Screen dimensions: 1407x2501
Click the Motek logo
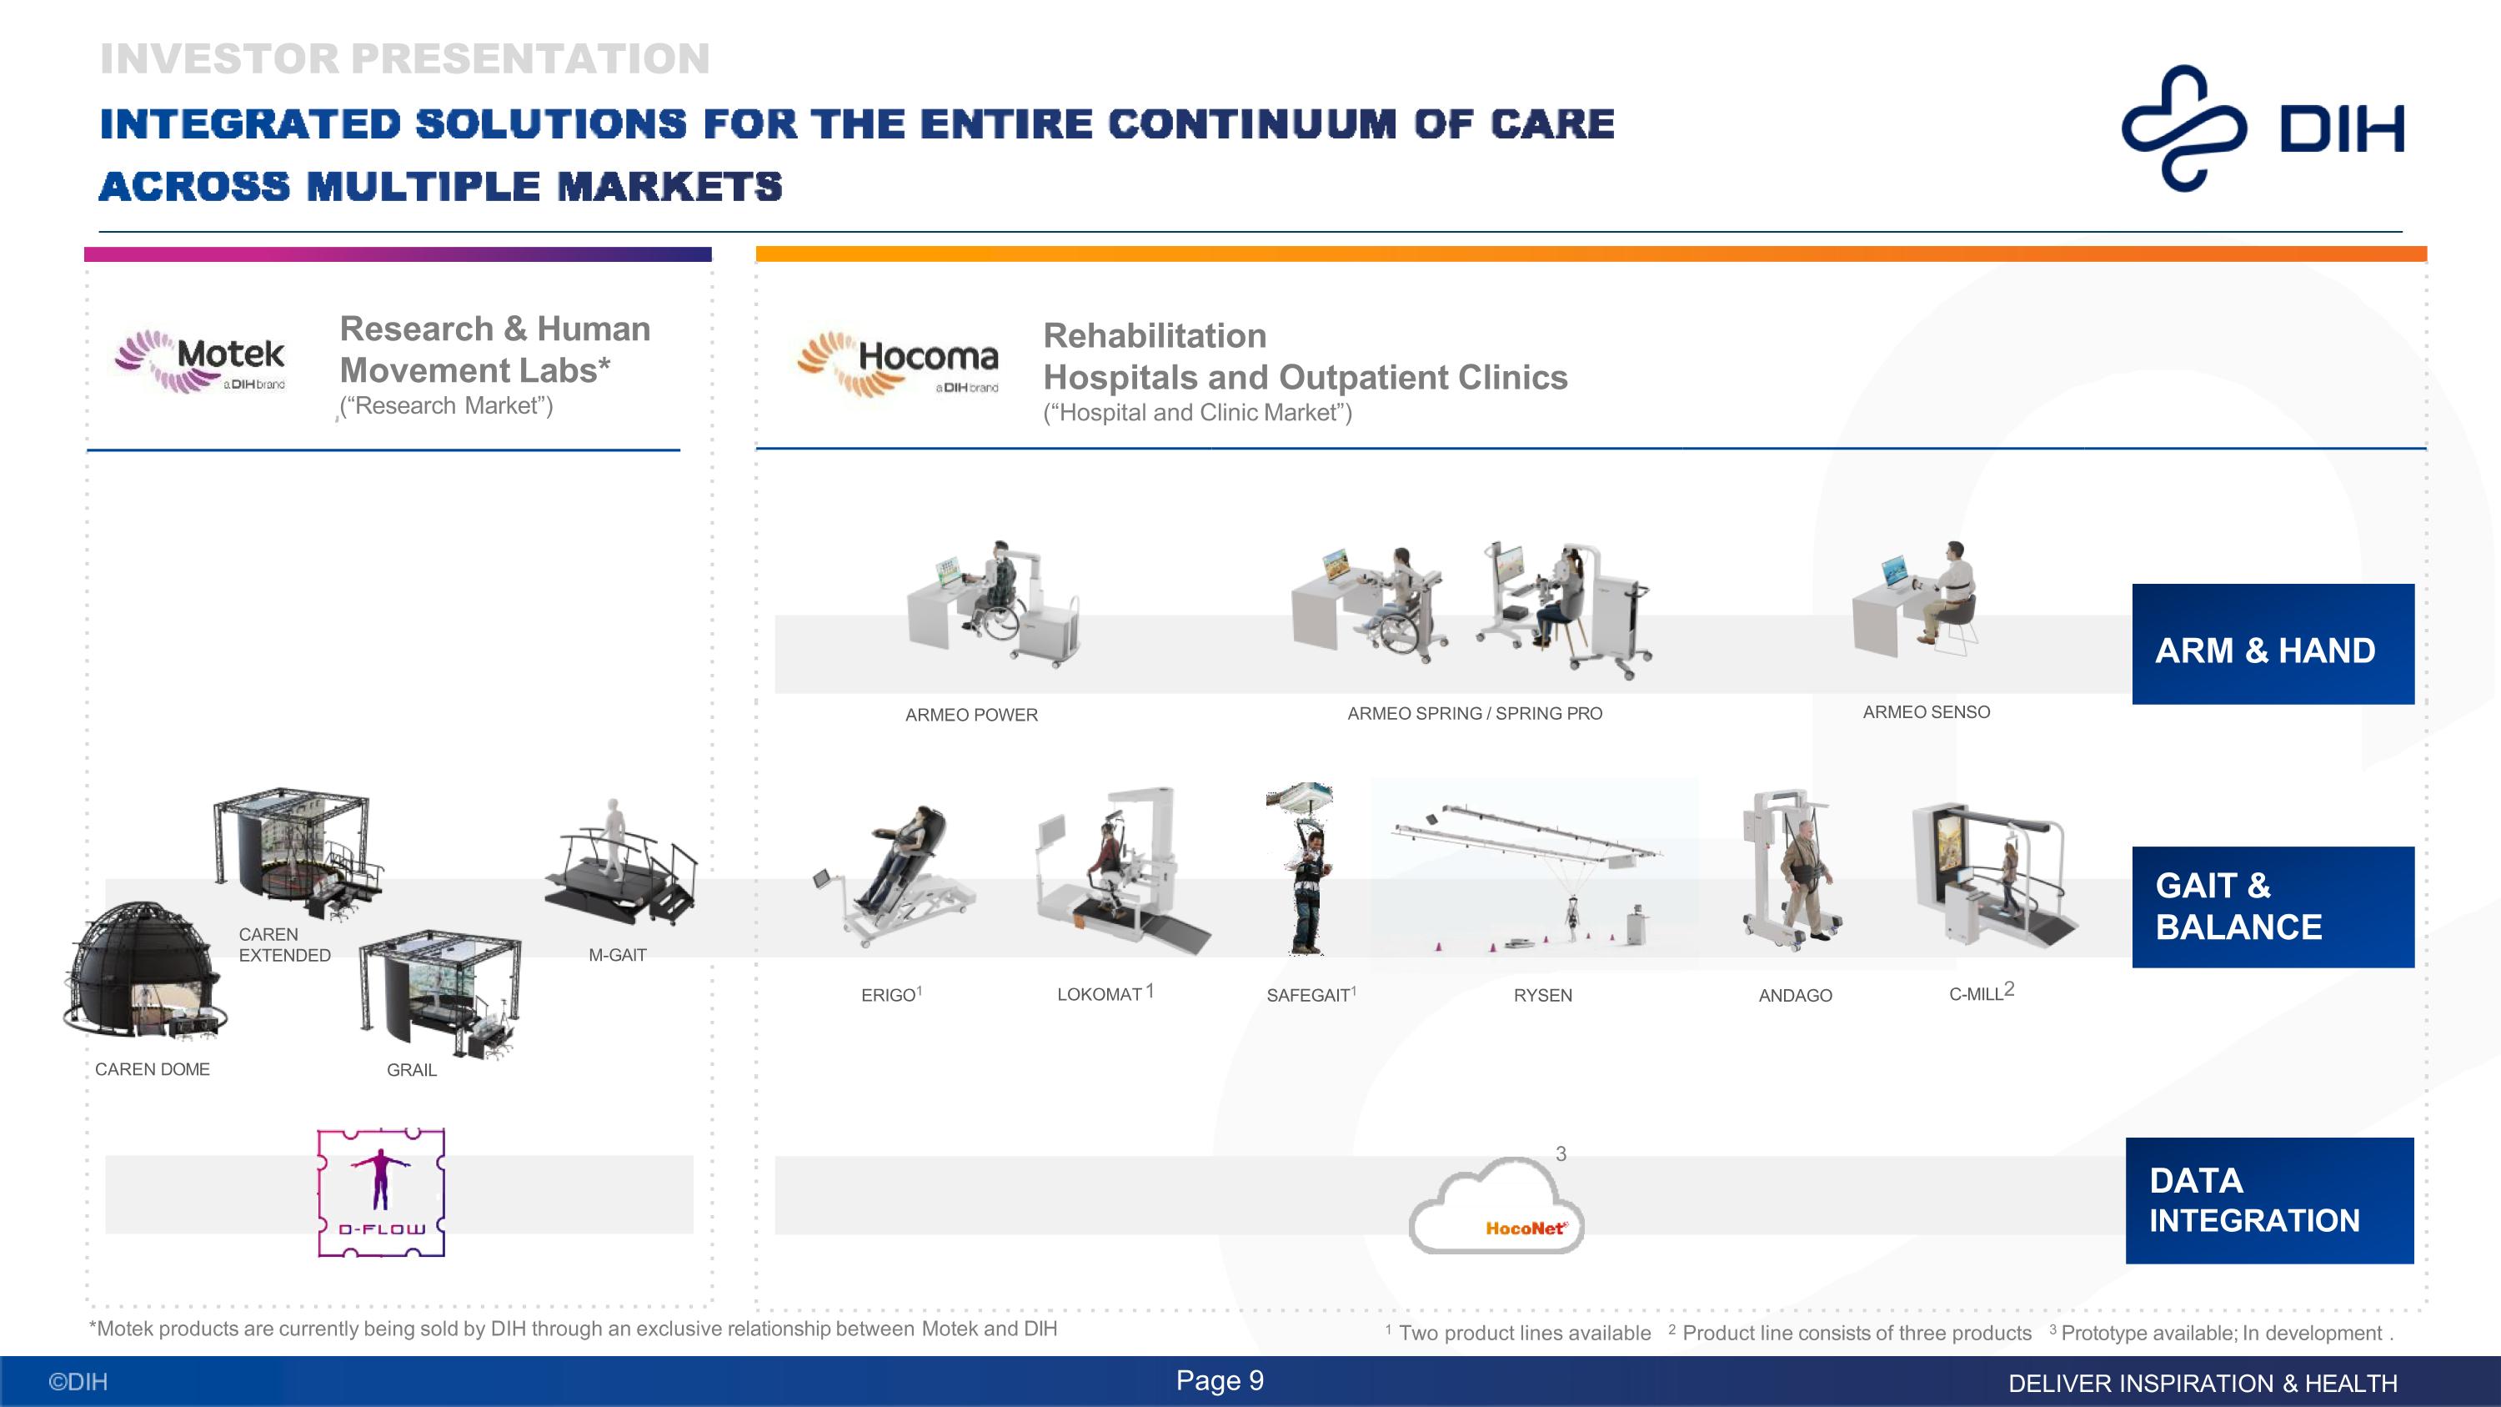pos(201,361)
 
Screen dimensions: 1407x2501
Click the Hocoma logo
pos(898,363)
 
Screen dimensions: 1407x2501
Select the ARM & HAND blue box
pos(2272,644)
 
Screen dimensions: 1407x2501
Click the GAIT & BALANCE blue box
pos(2272,907)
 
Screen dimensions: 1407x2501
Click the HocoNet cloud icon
pos(1496,1209)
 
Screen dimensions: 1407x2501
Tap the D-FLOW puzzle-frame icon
pos(382,1193)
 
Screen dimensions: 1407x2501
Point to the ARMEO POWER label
pos(971,715)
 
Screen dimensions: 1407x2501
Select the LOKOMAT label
pos(1100,994)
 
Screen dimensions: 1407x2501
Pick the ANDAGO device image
pos(1792,867)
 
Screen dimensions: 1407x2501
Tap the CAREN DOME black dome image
pos(143,971)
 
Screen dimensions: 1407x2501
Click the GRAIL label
pos(412,1070)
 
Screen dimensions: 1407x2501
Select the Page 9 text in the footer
pos(1220,1381)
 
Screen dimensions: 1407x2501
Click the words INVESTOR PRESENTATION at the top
pos(405,59)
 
